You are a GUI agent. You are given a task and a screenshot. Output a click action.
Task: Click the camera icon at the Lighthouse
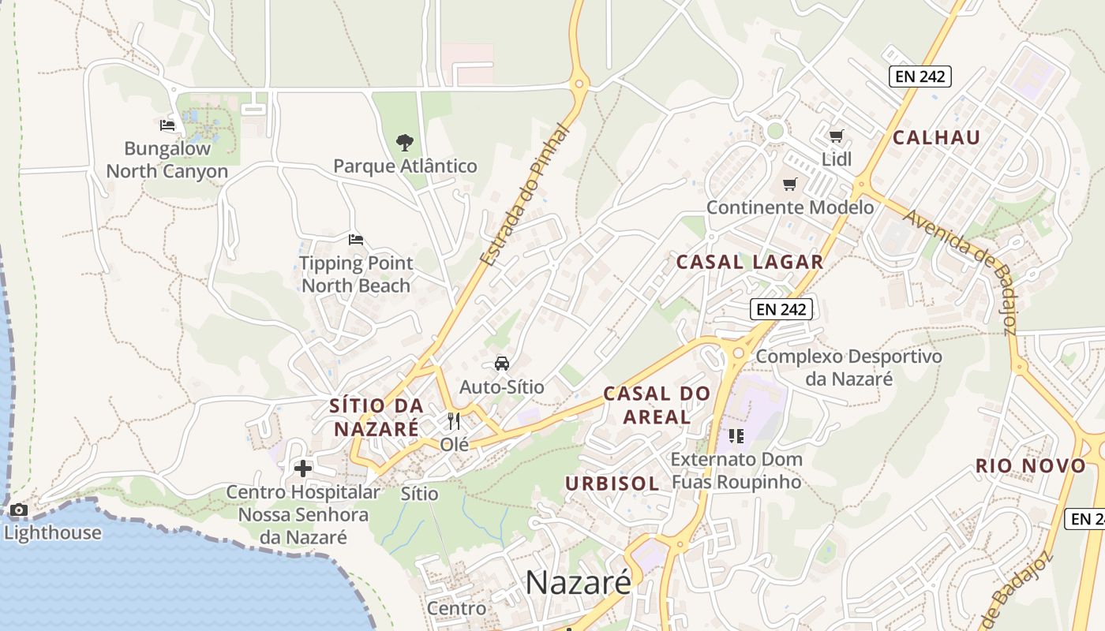(x=19, y=510)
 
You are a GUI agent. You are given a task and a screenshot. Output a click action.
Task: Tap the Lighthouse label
(x=52, y=532)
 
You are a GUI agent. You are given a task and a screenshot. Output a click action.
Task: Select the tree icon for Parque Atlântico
(x=405, y=143)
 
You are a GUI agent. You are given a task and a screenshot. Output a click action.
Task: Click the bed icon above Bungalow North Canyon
(x=167, y=125)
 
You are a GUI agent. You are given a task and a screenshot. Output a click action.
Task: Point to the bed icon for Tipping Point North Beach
(x=356, y=239)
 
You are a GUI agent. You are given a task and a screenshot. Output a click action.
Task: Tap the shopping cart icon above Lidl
(x=836, y=136)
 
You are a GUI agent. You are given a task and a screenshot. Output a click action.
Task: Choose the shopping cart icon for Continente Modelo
(x=789, y=185)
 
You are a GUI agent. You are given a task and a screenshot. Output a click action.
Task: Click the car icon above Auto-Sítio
(x=501, y=364)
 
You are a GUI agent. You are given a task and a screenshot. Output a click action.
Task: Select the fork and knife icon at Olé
(x=454, y=421)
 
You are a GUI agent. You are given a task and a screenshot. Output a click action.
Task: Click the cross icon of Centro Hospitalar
(x=302, y=469)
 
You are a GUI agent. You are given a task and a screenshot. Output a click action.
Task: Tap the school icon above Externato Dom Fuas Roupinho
(x=736, y=435)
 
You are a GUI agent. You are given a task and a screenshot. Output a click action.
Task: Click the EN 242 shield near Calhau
(x=920, y=77)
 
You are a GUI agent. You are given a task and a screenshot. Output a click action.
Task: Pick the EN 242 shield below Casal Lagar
(x=781, y=309)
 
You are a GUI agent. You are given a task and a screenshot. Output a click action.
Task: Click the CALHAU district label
(x=936, y=137)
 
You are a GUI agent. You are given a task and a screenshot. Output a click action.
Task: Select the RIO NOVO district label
(x=1031, y=465)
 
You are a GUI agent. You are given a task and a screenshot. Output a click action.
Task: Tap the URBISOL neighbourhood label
(x=612, y=484)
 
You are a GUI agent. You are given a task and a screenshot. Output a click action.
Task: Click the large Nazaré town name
(x=578, y=582)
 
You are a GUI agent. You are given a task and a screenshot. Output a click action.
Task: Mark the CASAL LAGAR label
(x=750, y=262)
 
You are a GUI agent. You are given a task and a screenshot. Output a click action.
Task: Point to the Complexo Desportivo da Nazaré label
(x=848, y=368)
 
